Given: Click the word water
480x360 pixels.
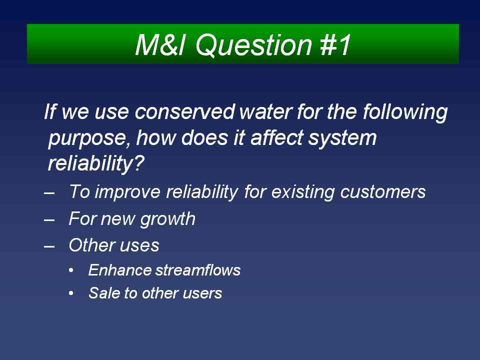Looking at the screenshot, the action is click(265, 111).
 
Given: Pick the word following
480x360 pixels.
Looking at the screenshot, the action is click(405, 112).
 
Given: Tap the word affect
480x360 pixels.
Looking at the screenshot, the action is click(276, 138).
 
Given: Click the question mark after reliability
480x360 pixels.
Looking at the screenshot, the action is click(138, 163).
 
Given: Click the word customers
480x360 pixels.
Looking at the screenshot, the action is click(383, 192).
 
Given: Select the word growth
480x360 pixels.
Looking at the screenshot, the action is click(168, 219).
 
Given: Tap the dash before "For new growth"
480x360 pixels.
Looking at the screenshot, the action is click(49, 219).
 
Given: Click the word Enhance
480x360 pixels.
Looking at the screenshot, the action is click(119, 270).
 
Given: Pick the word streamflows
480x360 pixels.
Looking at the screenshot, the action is click(198, 270).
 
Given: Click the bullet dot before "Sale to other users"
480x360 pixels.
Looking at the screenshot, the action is click(71, 293).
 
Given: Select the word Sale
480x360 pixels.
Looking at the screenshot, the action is click(104, 293).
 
